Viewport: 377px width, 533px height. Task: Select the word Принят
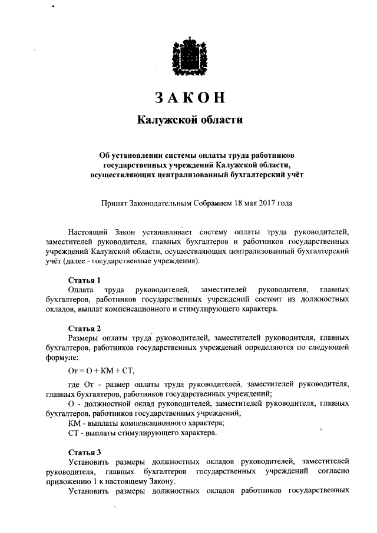coord(114,203)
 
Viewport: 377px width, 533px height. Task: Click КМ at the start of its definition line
coord(75,423)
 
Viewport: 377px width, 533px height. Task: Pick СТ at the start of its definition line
coord(74,433)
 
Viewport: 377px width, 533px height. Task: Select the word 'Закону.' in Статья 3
coord(160,481)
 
